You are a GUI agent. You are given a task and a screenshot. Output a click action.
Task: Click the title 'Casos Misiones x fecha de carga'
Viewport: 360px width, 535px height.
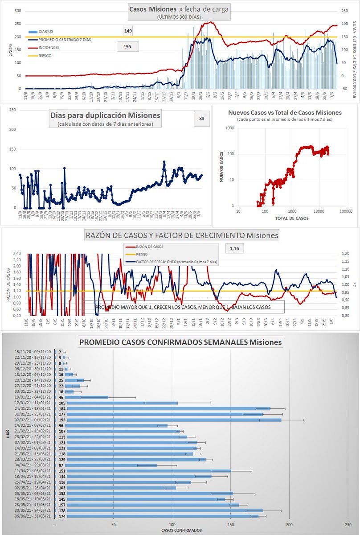point(179,9)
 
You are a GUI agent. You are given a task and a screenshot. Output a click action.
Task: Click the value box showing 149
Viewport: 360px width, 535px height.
point(127,31)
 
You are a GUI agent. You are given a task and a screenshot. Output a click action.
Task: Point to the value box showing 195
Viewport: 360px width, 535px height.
point(127,46)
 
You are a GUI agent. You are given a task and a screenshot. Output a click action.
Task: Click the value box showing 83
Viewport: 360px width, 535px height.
point(202,119)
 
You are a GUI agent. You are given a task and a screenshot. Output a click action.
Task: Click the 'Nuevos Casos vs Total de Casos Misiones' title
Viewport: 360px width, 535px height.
point(285,113)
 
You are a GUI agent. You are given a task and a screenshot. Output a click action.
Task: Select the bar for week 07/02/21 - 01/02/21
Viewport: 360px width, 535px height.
point(173,420)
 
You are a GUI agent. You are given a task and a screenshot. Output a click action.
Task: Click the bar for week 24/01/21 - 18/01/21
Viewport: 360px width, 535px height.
point(168,408)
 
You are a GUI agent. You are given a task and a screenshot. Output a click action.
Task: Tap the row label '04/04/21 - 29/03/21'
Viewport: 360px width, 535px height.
point(33,465)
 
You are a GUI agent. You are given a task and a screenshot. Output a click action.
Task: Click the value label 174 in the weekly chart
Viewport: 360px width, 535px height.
point(62,516)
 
